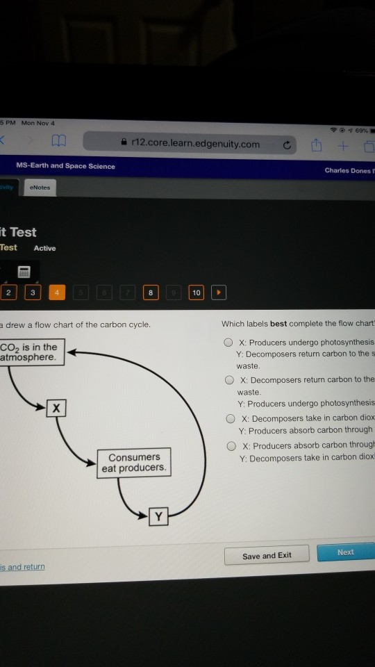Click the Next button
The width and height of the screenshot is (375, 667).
click(x=345, y=552)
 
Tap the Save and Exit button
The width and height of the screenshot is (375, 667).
click(x=267, y=555)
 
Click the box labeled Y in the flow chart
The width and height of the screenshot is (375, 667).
click(x=159, y=516)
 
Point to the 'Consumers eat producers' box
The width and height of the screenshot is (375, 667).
click(x=134, y=462)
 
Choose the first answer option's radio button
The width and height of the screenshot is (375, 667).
click(x=228, y=342)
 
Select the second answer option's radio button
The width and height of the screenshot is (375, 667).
click(x=228, y=380)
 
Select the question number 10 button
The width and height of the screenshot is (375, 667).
click(x=197, y=293)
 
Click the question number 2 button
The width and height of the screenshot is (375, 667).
click(x=8, y=293)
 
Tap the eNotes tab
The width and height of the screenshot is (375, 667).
click(x=40, y=188)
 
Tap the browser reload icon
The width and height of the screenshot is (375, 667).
click(x=285, y=145)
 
